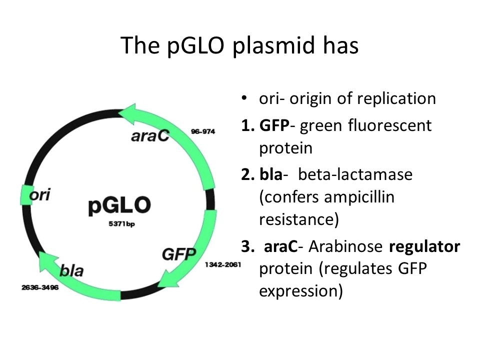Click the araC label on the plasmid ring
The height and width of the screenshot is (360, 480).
150,135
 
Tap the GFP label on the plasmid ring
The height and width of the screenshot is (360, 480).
179,254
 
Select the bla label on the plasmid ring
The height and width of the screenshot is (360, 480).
71,270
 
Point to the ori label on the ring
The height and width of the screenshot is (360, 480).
40,194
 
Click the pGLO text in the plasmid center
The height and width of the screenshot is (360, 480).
119,205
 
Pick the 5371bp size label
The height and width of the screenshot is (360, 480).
121,224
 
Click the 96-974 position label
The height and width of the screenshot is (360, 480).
203,131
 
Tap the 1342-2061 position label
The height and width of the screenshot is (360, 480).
223,264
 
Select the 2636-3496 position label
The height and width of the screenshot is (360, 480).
40,287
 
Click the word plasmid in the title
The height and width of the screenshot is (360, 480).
273,46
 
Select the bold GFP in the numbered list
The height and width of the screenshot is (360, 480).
274,125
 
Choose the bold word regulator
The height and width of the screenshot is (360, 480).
424,247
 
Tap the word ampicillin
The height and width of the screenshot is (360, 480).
359,196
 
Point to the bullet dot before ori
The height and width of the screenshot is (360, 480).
244,98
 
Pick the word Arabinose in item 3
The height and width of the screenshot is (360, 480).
345,246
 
